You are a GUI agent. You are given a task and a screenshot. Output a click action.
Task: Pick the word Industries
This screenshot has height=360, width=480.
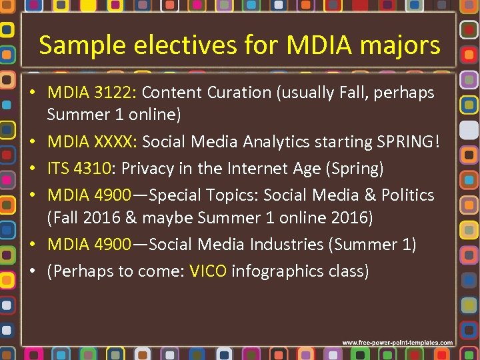[x=287, y=245]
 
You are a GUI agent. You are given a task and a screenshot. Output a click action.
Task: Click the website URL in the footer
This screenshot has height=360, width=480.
[x=397, y=343]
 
